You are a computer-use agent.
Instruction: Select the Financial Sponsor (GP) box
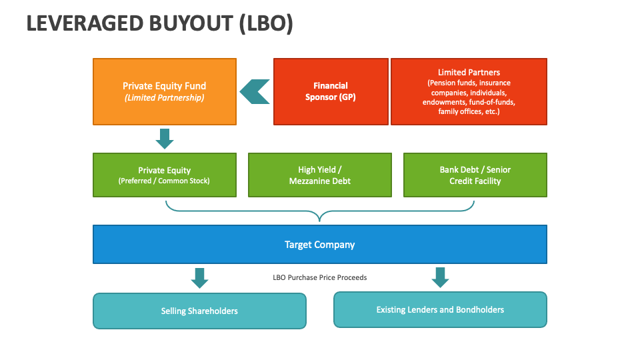(331, 91)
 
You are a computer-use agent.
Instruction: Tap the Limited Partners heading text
(469, 72)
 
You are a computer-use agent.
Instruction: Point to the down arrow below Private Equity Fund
(164, 139)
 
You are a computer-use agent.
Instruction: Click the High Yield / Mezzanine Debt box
(319, 175)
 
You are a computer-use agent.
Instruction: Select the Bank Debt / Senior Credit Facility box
(475, 175)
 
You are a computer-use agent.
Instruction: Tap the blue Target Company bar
(319, 245)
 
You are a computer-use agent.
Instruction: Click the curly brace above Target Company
(320, 212)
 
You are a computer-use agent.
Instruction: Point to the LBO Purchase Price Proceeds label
(320, 277)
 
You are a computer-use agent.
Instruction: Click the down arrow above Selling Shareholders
(199, 278)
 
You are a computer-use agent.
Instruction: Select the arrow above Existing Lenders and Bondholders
(439, 277)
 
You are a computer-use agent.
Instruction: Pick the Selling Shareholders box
(199, 311)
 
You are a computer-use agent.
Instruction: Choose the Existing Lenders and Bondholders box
(440, 309)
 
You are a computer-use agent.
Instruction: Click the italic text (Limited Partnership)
(164, 97)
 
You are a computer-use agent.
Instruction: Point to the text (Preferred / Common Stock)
(164, 181)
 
